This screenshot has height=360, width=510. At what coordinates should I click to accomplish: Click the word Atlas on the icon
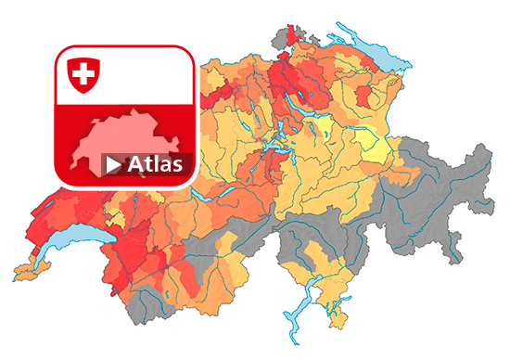tap(156, 165)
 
